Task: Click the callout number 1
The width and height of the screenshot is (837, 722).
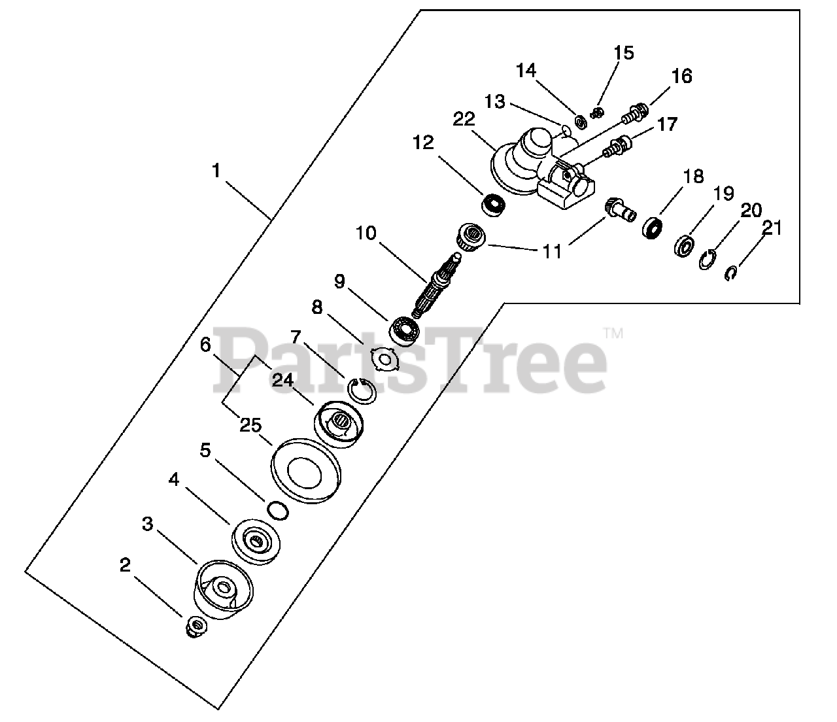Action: point(216,171)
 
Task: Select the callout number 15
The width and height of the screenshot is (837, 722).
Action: point(624,52)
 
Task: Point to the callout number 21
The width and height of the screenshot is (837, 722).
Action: point(771,228)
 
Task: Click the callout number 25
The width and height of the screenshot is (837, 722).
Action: point(250,426)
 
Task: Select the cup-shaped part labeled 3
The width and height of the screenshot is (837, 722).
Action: point(223,589)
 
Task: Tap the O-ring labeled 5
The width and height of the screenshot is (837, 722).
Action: point(277,509)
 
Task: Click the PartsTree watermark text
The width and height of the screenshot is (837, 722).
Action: point(412,360)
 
